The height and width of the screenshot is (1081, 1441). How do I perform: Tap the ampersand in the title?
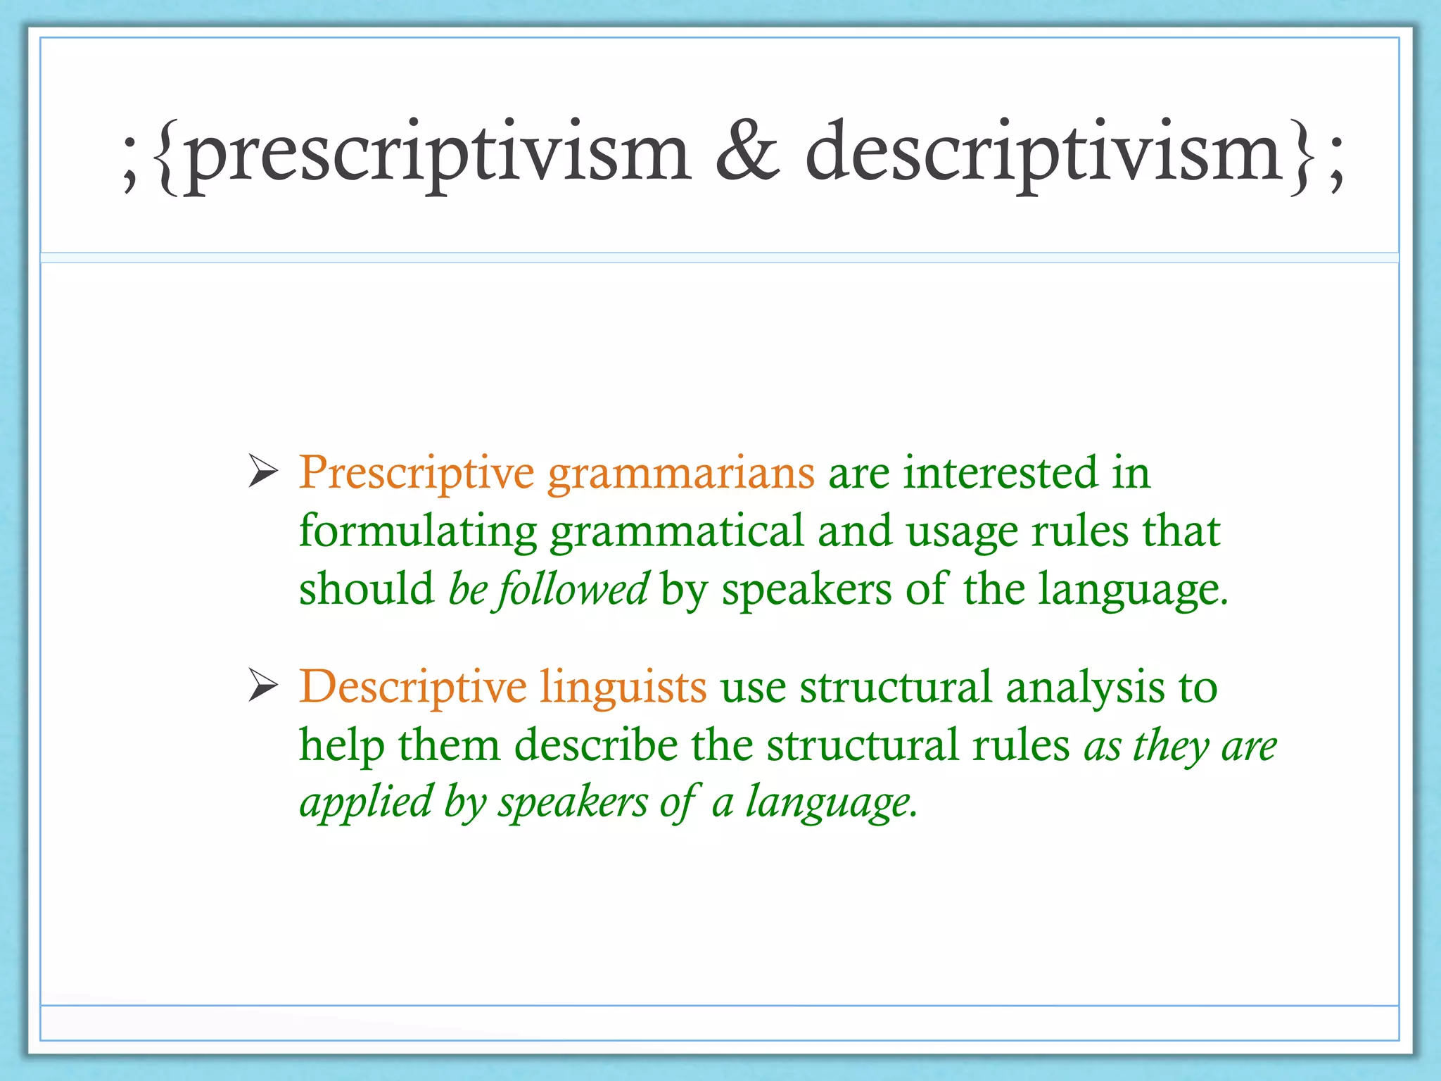pyautogui.click(x=747, y=151)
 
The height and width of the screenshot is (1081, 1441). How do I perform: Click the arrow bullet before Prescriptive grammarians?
pyautogui.click(x=264, y=473)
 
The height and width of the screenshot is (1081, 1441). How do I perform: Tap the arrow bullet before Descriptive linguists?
pyautogui.click(x=264, y=687)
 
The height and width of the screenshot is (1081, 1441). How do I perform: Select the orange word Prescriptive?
pyautogui.click(x=417, y=473)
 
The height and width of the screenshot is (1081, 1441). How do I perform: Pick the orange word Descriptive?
pyautogui.click(x=413, y=687)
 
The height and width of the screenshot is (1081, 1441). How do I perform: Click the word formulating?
pyautogui.click(x=418, y=532)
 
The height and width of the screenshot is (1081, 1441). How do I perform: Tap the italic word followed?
pyautogui.click(x=573, y=590)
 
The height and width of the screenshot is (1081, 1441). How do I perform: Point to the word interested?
pyautogui.click(x=1000, y=472)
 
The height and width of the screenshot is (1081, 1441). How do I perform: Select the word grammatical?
pyautogui.click(x=677, y=532)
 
